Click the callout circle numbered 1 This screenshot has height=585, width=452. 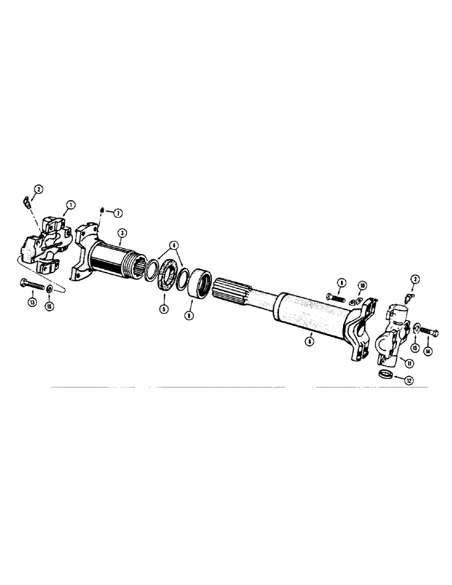point(70,205)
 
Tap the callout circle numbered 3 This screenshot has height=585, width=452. point(121,233)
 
